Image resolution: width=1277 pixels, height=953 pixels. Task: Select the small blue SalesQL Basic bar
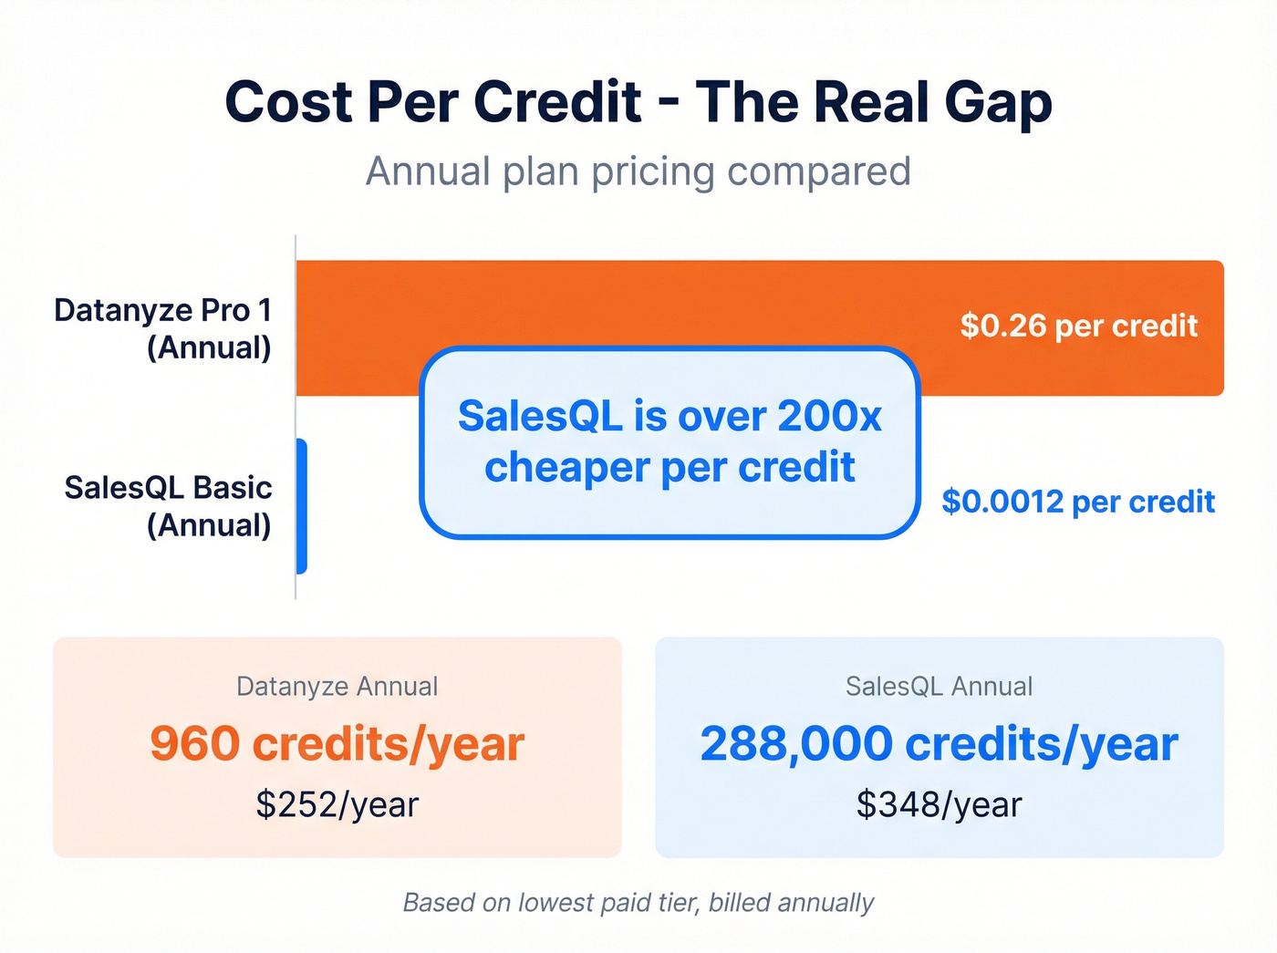(x=302, y=506)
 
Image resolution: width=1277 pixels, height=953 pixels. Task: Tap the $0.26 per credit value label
(x=1078, y=326)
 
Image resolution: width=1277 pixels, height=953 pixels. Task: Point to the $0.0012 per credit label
(x=1078, y=502)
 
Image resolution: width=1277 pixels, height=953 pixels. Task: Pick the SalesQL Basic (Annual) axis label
(x=169, y=506)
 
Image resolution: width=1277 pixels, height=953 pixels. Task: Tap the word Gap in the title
(x=998, y=102)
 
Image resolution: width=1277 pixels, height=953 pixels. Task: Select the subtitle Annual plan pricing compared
(x=638, y=171)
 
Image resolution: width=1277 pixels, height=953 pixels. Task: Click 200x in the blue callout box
(x=830, y=416)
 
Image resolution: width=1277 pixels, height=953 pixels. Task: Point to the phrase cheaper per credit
(x=670, y=467)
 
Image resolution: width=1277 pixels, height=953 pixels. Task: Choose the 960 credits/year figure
(x=337, y=744)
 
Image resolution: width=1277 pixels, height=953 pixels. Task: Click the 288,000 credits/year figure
(x=939, y=744)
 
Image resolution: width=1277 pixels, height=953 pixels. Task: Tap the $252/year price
(x=337, y=804)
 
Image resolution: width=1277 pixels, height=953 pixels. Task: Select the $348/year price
(x=939, y=804)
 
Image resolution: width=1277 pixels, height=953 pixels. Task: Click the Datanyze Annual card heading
(x=337, y=686)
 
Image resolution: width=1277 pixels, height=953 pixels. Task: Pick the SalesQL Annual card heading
(x=939, y=686)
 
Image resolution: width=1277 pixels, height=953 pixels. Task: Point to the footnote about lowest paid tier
(x=638, y=903)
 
